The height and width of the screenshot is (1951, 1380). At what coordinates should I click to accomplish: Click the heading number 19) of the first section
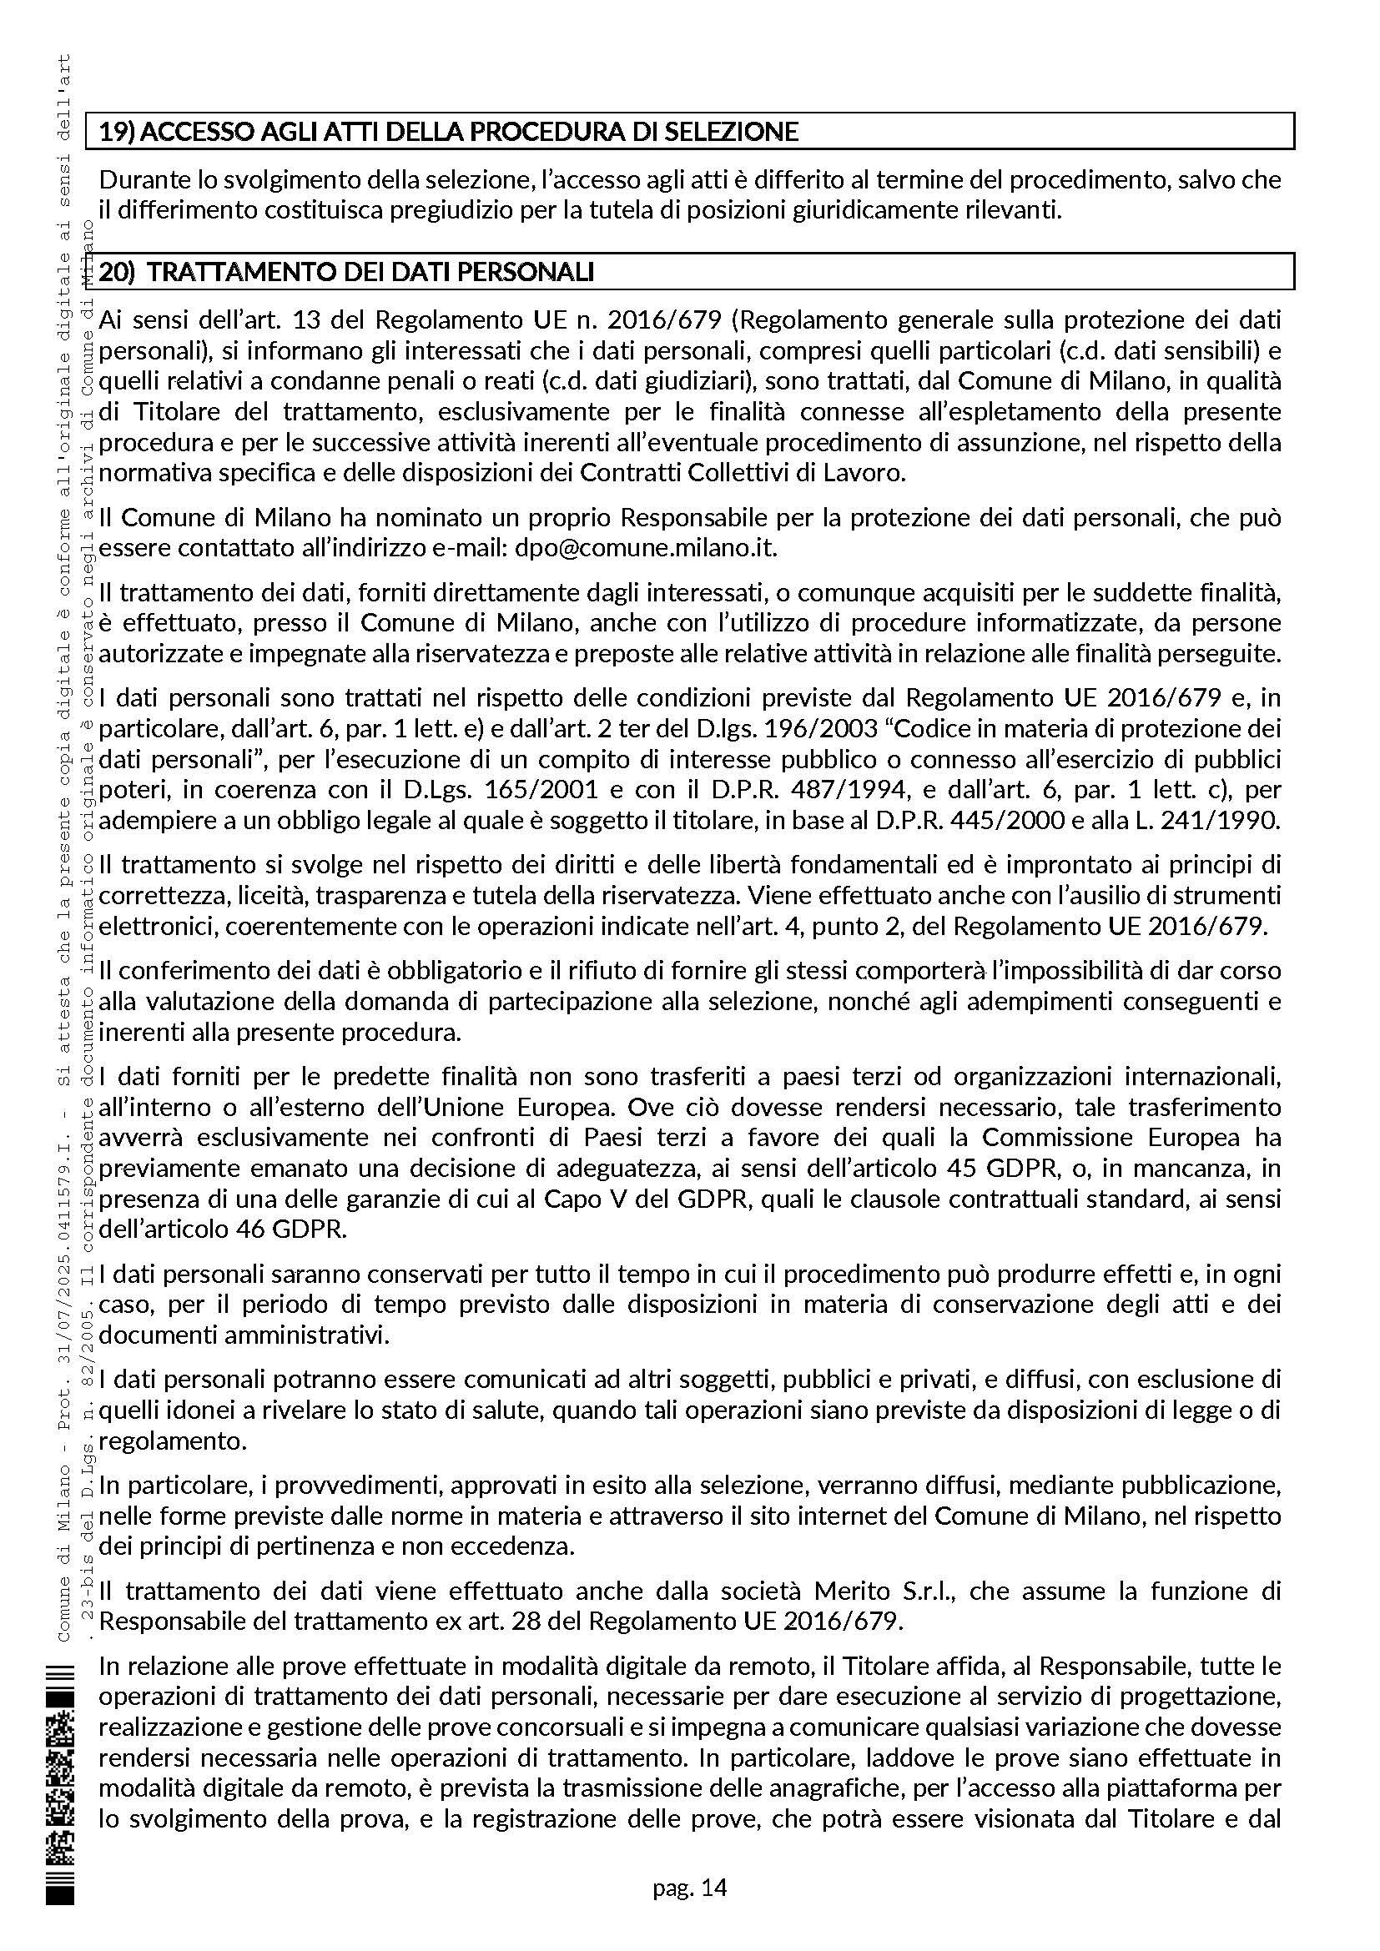tap(117, 132)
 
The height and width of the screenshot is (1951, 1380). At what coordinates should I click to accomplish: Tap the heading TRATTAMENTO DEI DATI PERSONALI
tap(375, 272)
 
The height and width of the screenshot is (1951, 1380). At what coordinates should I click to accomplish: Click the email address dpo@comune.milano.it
tap(646, 548)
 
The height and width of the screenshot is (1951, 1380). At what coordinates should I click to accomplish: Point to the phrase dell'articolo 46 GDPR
tap(223, 1229)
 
